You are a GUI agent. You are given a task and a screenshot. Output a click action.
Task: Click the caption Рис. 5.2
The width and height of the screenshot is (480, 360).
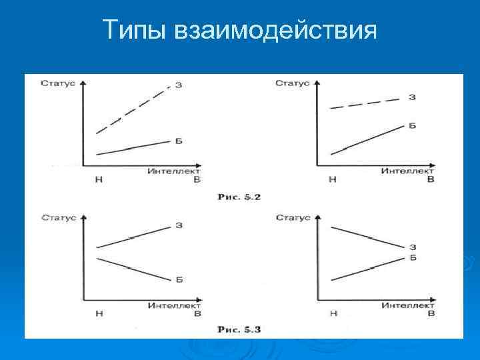click(x=239, y=197)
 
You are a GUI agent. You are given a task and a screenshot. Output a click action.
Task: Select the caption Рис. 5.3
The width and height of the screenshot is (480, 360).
click(x=239, y=329)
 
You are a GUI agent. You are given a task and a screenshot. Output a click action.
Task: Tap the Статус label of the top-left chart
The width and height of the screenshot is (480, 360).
click(x=59, y=84)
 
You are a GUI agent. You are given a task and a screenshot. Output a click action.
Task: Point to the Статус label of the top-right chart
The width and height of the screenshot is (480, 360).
click(x=293, y=84)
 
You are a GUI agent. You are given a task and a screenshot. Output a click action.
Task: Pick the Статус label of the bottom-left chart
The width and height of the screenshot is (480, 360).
click(x=59, y=217)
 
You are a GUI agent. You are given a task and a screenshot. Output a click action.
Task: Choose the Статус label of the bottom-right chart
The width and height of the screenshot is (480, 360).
click(x=293, y=217)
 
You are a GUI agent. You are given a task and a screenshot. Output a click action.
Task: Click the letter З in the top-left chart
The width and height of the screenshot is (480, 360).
click(x=179, y=85)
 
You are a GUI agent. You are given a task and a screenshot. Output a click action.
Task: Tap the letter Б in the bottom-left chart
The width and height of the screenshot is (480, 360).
click(x=179, y=279)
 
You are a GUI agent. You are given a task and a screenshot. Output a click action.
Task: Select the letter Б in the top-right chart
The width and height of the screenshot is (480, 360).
click(x=412, y=125)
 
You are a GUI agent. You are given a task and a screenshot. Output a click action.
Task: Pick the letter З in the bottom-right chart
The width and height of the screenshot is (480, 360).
click(x=413, y=247)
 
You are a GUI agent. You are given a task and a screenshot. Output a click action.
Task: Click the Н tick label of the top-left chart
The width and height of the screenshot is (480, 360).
click(x=98, y=180)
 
